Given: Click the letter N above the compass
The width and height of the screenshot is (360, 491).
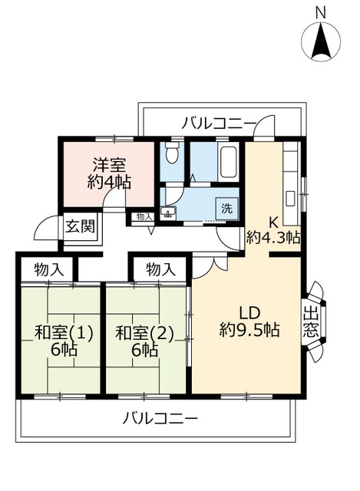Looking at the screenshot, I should pos(321,12).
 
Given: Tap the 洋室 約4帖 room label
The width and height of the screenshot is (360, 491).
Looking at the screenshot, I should pos(108,173).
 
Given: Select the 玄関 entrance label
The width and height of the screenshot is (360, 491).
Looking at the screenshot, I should pos(79,226).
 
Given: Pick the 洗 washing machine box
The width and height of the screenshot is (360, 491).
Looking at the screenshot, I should pos(227,207).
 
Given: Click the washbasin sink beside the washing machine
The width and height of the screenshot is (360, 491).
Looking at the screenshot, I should pos(169,212).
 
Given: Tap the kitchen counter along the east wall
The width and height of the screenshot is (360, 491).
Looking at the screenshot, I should pos(292,176).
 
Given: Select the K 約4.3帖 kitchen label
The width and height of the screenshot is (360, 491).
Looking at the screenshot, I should pos(272,231).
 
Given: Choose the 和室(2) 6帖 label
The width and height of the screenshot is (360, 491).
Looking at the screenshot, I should pos(144,341).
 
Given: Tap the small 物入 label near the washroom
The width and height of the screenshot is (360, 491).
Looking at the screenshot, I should pos(144,217).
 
